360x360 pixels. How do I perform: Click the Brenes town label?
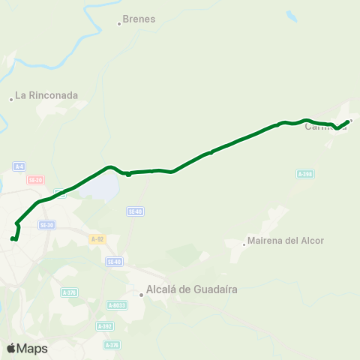[x=139, y=19]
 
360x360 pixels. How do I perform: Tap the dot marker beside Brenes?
[x=119, y=24]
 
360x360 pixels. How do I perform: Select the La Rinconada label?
[x=46, y=95]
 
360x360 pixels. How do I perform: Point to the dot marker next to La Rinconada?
[x=12, y=99]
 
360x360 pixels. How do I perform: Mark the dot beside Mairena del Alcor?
[x=244, y=243]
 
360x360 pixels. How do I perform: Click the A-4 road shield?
[x=19, y=166]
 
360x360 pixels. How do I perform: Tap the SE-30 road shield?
[x=47, y=225]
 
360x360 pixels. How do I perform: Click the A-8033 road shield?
[x=117, y=305]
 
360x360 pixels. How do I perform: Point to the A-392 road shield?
[x=105, y=326]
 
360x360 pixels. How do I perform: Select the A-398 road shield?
[x=304, y=174]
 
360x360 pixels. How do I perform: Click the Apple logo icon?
[x=11, y=348]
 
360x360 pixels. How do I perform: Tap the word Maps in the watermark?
[x=32, y=348]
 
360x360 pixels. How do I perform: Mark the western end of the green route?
[x=12, y=238]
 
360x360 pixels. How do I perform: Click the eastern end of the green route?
[x=347, y=121]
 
